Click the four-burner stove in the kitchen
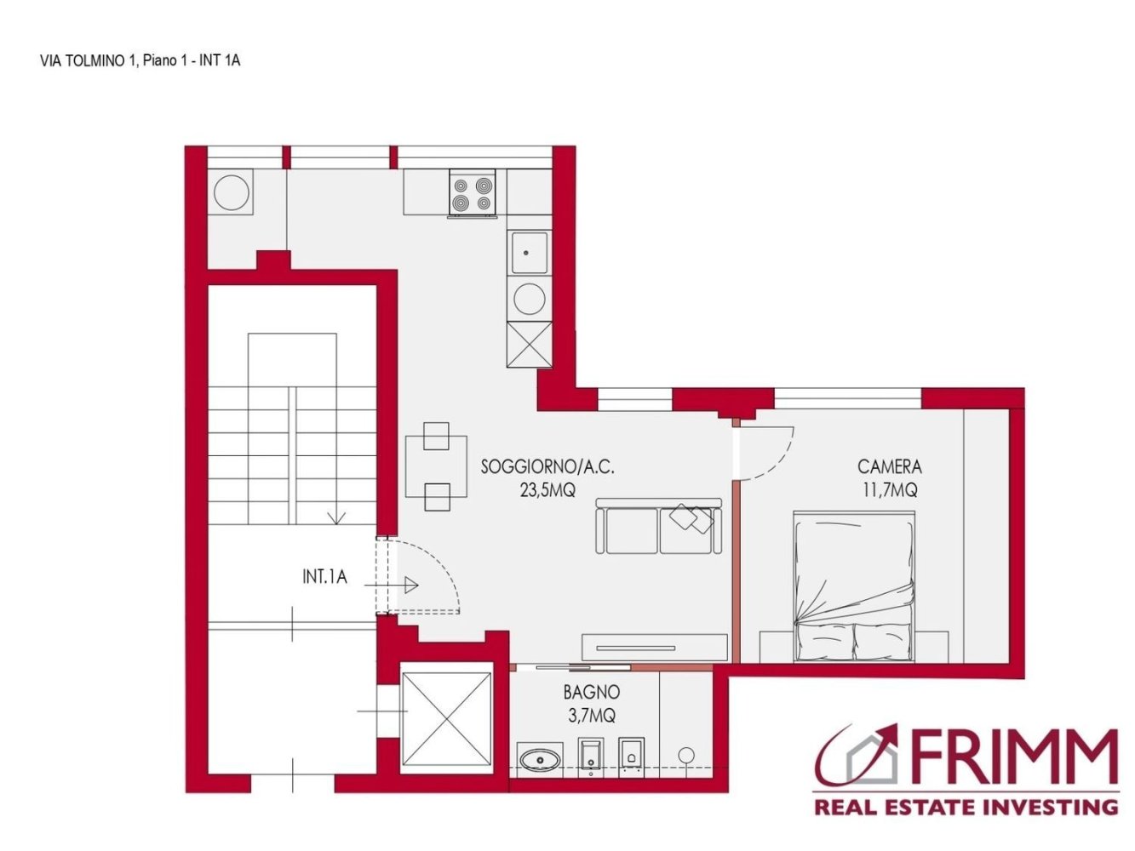coord(473,192)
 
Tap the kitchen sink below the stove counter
coord(529,253)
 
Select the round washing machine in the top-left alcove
coord(232,191)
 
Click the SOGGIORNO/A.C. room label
coord(547,466)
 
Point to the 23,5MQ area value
coord(547,490)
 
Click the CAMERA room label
coord(889,466)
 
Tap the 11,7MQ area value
coord(889,490)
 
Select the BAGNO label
coord(591,693)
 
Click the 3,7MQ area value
coord(591,716)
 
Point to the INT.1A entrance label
coord(324,577)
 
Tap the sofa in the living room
coord(659,527)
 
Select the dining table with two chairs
coord(436,466)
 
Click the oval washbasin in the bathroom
coord(539,758)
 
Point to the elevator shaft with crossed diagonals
coord(446,718)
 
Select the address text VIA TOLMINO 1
coord(88,60)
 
